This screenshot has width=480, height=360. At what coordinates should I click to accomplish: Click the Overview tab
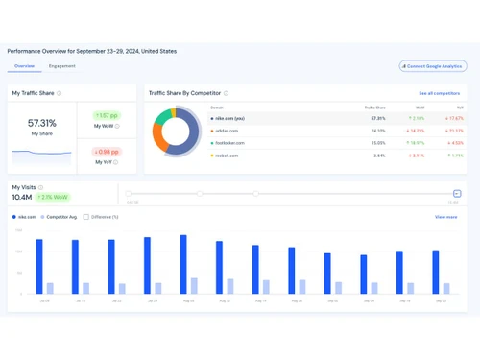(24, 66)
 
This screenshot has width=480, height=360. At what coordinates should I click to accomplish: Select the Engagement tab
(61, 66)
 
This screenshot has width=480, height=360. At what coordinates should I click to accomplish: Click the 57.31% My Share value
(41, 123)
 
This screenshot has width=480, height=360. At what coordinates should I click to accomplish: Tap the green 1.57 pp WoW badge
(107, 114)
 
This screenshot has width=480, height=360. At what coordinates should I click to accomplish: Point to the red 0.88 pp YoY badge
(107, 152)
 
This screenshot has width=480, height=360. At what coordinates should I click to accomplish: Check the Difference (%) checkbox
(85, 217)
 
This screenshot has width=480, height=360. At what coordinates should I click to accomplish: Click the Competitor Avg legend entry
(60, 217)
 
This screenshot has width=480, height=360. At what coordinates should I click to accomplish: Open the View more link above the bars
(445, 217)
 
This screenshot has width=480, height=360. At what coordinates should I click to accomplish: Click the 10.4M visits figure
(23, 197)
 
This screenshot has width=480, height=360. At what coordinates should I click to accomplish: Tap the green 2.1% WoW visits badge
(54, 197)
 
